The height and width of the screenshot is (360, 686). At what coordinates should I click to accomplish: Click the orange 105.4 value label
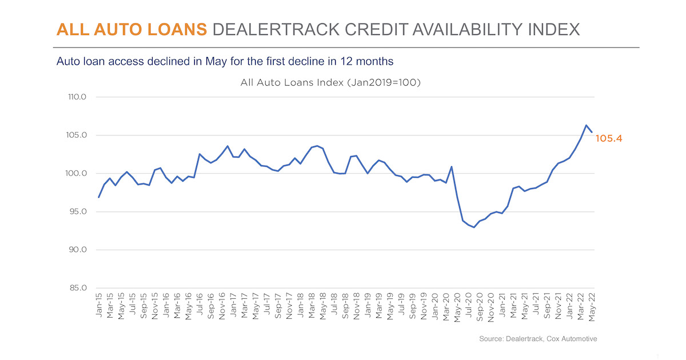click(x=609, y=138)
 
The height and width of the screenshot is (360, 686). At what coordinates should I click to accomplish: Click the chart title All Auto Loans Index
click(x=330, y=83)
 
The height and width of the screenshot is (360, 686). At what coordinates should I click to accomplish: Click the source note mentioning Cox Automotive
click(x=538, y=339)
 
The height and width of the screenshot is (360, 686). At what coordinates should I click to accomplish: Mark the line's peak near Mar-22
click(x=586, y=125)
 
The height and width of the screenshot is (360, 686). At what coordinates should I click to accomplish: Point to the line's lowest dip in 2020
click(x=474, y=227)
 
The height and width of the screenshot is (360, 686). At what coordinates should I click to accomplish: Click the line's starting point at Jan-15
click(x=99, y=198)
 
